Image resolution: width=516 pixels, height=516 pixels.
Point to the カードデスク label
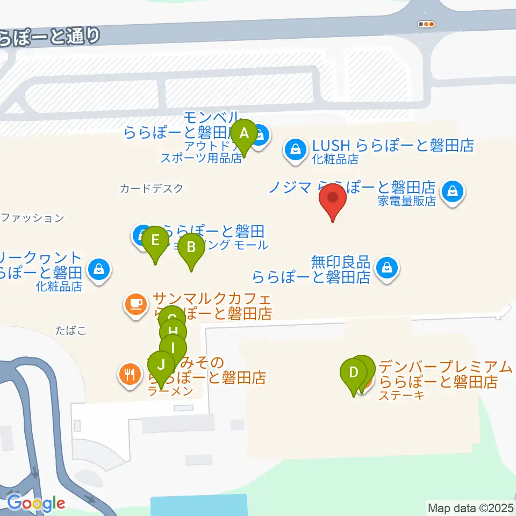tap(152, 188)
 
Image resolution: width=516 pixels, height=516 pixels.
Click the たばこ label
tap(70, 329)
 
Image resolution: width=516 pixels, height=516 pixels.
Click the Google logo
tap(36, 503)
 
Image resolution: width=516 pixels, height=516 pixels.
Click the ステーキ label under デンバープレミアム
tap(402, 396)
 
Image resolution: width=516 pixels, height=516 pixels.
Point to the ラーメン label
tap(171, 391)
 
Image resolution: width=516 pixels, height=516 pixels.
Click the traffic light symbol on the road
tap(426, 24)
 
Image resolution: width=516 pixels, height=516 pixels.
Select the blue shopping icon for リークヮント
tap(99, 268)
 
